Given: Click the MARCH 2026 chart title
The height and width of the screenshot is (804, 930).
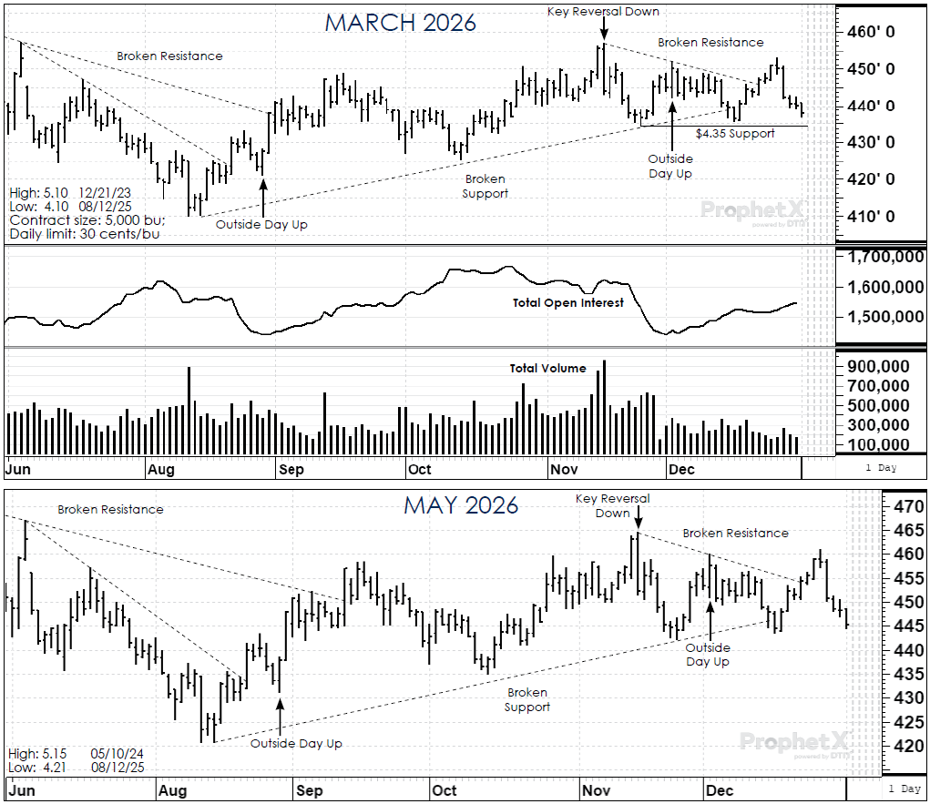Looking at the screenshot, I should tap(401, 23).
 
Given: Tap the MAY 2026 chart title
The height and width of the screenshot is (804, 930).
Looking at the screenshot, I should tap(461, 504).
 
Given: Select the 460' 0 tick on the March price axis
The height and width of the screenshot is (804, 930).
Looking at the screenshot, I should tap(872, 32).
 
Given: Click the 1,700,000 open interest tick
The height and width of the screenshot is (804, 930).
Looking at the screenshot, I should tap(881, 258).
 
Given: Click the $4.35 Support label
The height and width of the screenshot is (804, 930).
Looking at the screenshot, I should tap(735, 134).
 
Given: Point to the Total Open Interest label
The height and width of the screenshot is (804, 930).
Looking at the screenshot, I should tap(567, 302).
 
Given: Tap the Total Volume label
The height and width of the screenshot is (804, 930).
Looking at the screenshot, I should tap(547, 369).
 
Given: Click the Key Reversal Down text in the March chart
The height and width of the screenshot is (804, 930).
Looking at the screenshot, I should tap(603, 12).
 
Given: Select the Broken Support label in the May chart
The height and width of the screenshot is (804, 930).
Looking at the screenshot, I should tap(528, 700).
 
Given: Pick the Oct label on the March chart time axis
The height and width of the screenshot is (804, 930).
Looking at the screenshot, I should tap(420, 469).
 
